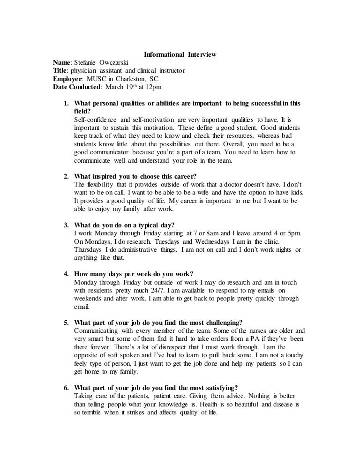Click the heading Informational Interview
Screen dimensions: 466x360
click(x=180, y=55)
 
